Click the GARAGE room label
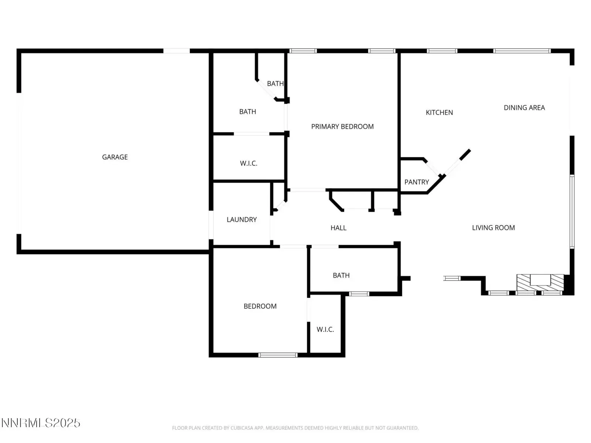115,157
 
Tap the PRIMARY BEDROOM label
342,127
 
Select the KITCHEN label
439,113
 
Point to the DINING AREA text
524,108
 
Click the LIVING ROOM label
493,228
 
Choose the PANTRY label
417,182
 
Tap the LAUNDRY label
242,220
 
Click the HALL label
338,228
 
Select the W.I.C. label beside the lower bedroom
325,330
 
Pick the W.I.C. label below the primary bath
249,163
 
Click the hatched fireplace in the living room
540,282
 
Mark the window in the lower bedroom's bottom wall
278,355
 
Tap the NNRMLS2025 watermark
41,423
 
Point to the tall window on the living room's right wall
572,212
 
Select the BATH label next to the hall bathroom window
341,275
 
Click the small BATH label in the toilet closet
275,84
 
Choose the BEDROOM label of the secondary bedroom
260,306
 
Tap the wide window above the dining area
522,51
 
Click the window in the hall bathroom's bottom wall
359,294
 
